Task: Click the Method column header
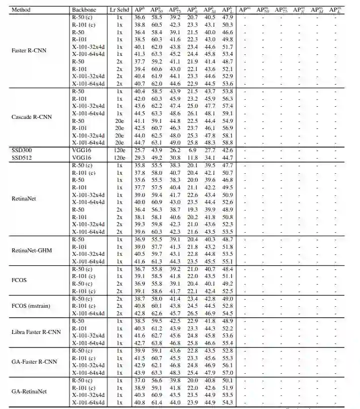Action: pyautogui.click(x=21, y=10)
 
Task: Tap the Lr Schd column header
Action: pyautogui.click(x=119, y=10)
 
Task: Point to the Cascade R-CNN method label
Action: pyautogui.click(x=29, y=117)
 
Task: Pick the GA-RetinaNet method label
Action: pyautogui.click(x=29, y=391)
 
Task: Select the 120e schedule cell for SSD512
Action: pyautogui.click(x=119, y=157)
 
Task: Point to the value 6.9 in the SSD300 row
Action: pyautogui.click(x=192, y=150)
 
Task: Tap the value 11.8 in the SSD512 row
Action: pyautogui.click(x=192, y=157)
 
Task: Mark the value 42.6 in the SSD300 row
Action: pyautogui.click(x=227, y=150)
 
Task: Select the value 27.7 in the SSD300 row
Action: pyautogui.click(x=209, y=150)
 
